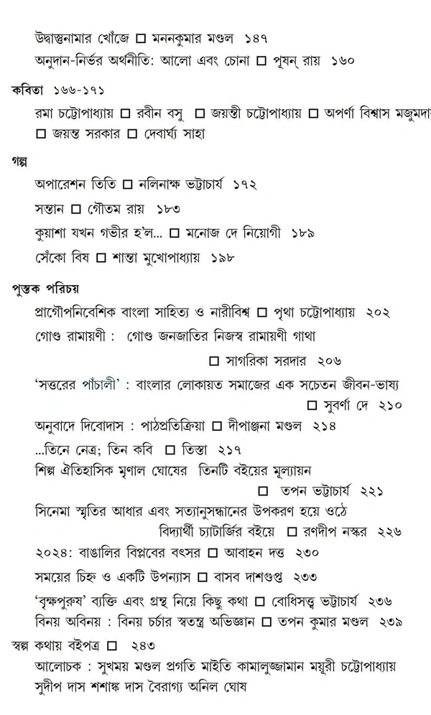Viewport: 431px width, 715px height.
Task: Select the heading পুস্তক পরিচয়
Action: click(x=45, y=288)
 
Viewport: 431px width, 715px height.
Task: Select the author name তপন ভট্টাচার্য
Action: click(x=315, y=491)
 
